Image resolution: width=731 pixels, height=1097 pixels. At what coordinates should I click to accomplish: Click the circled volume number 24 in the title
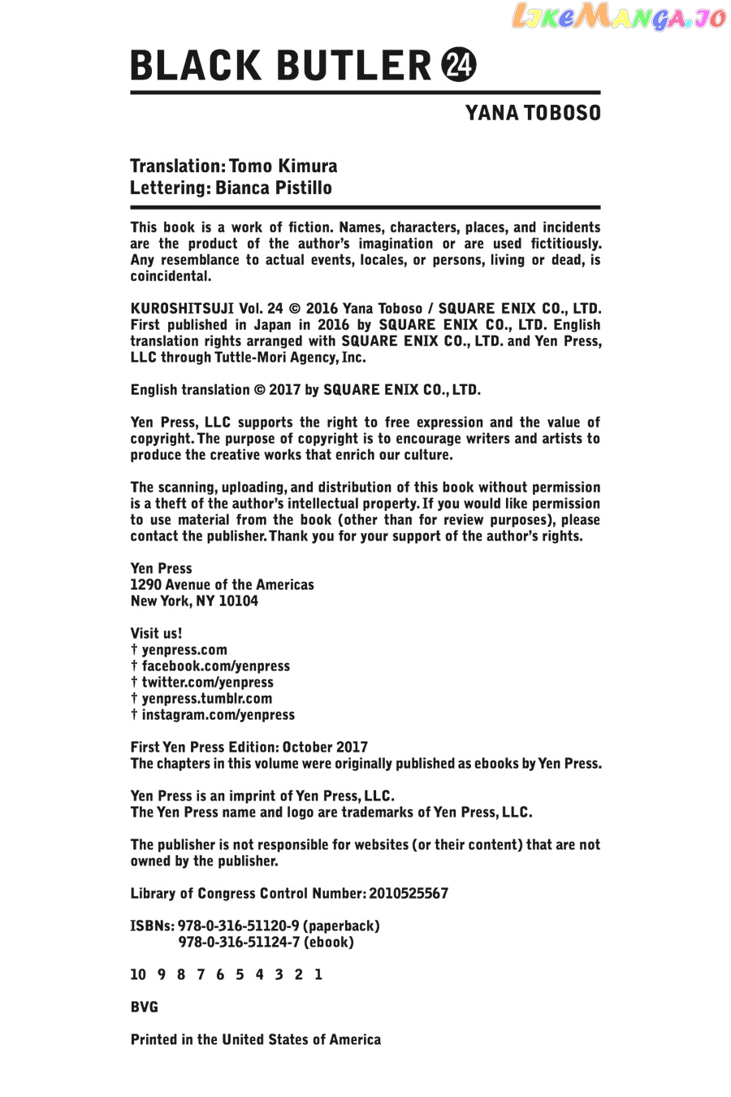click(459, 65)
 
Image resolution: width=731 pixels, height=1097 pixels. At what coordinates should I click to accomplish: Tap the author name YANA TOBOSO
click(533, 113)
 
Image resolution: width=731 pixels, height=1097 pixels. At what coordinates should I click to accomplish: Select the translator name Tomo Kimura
click(283, 167)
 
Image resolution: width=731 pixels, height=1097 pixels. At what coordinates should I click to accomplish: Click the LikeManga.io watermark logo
click(618, 17)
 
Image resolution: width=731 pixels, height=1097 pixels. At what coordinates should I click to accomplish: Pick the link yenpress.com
click(184, 650)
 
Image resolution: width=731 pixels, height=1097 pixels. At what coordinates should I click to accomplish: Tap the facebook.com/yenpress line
click(215, 666)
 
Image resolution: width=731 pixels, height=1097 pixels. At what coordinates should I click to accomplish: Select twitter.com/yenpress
click(207, 683)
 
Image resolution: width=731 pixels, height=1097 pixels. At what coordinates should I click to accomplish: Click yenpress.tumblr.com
click(206, 699)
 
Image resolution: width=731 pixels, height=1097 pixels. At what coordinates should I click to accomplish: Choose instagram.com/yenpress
click(218, 715)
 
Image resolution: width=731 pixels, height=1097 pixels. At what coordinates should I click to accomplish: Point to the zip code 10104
click(239, 601)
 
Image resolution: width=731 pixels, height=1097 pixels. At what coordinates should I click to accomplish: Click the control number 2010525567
click(409, 894)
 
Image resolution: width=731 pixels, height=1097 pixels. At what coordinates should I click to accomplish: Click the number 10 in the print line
click(138, 975)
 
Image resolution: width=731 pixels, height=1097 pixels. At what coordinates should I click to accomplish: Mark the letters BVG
click(145, 1008)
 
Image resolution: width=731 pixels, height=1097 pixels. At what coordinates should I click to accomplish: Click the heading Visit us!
click(156, 634)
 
